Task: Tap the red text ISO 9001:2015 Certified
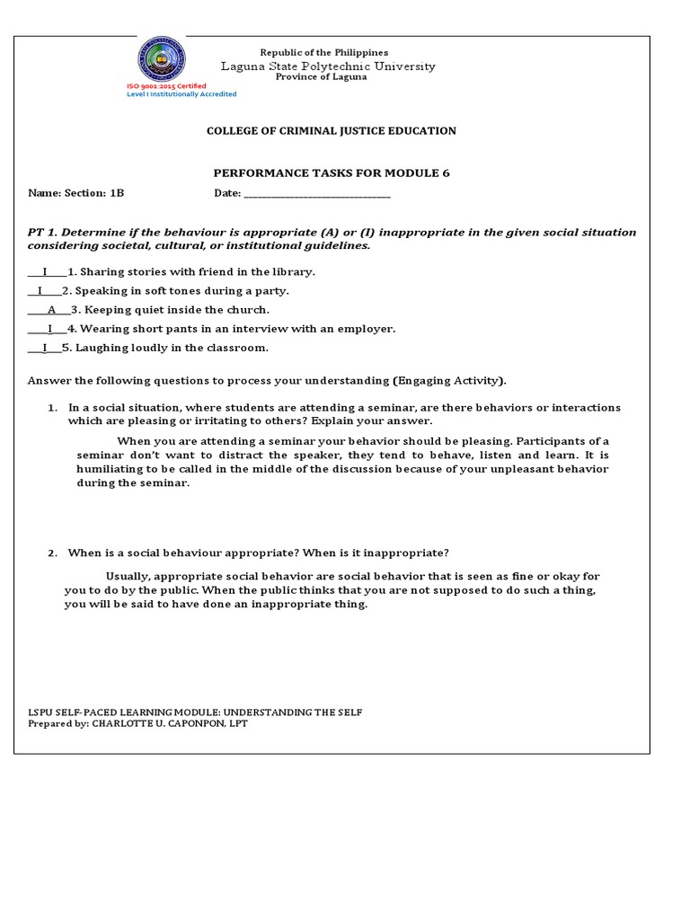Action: tap(165, 85)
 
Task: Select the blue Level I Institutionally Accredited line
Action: tap(181, 93)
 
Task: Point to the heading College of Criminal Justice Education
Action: tap(332, 131)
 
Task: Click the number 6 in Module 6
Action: tap(446, 172)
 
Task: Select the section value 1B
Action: tap(118, 193)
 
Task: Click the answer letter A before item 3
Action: tap(52, 310)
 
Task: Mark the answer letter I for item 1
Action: tap(45, 271)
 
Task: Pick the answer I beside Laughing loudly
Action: tap(45, 348)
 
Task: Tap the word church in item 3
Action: tap(249, 310)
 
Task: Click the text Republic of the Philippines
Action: tap(323, 53)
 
